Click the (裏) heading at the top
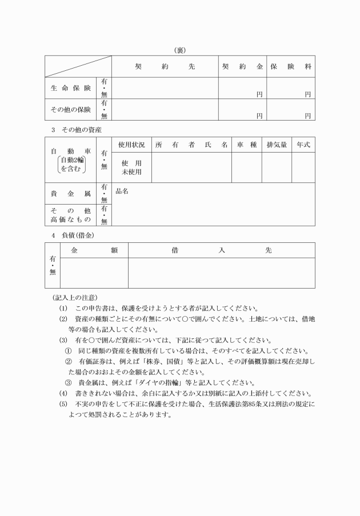(x=179, y=50)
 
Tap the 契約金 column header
(x=242, y=66)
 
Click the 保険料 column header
(x=291, y=66)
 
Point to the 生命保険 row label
(x=70, y=88)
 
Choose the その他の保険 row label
(x=70, y=109)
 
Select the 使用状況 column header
(x=131, y=145)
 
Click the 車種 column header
(x=247, y=145)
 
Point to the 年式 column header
(x=303, y=145)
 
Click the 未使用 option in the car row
(x=131, y=172)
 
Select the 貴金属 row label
(x=70, y=194)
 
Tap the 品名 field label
(x=122, y=191)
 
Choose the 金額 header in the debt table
(x=94, y=250)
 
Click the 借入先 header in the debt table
(x=221, y=250)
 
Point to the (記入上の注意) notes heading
(x=74, y=297)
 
